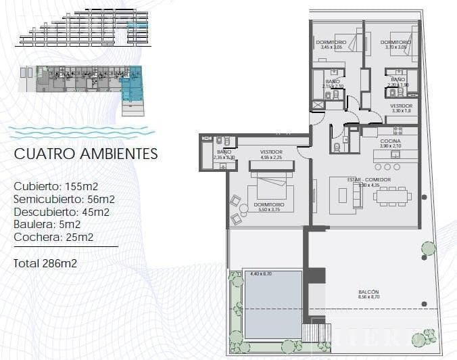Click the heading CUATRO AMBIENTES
point(86,154)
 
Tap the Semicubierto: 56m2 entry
point(64,199)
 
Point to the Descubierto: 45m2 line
point(62,212)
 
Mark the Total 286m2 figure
point(45,263)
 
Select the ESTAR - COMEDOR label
point(369,180)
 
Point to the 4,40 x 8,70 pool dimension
point(261,273)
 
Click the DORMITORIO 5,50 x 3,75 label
point(269,207)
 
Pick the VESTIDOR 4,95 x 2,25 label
point(270,154)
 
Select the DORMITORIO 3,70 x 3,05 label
point(394,45)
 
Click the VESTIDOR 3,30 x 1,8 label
point(401,108)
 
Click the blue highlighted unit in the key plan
point(132,85)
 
